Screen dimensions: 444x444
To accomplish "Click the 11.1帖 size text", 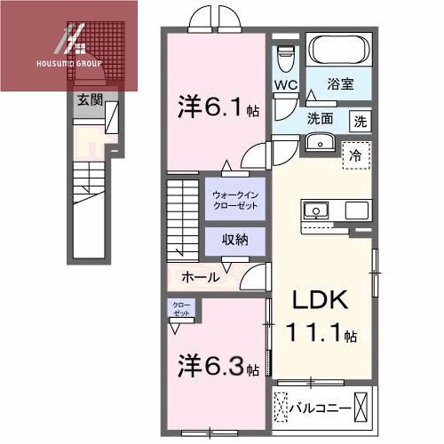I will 321,336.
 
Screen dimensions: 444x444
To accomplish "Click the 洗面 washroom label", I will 321,118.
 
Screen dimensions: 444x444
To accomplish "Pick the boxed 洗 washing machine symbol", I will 361,120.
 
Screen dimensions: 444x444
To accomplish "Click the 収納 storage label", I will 235,240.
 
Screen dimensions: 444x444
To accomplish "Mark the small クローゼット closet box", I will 181,310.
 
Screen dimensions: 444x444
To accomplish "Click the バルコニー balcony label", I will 319,409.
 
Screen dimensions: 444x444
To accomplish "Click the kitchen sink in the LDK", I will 316,211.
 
